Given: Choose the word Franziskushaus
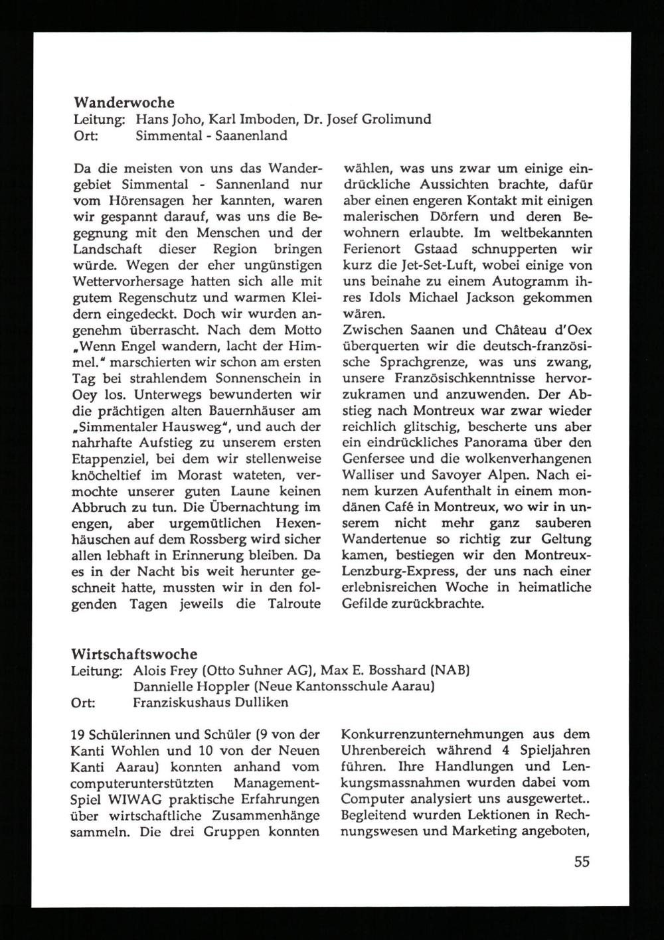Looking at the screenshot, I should point(179,702).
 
